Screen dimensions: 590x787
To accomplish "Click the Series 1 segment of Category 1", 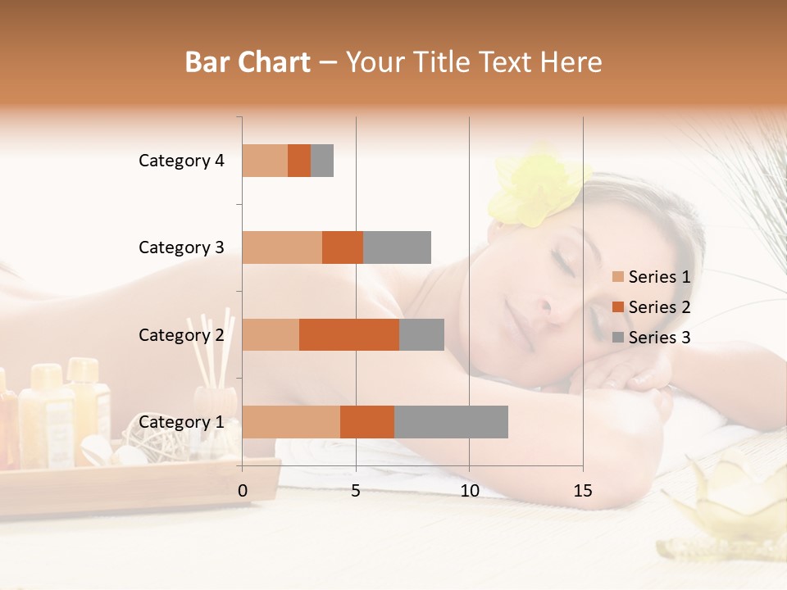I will coord(291,422).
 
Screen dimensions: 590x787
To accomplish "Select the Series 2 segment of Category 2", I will coord(349,334).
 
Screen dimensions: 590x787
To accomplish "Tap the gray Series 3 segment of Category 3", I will coord(397,247).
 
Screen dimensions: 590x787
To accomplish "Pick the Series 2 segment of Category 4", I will coord(299,161).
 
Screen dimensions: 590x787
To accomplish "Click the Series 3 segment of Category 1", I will coord(451,422).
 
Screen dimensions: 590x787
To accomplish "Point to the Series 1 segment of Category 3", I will coord(282,247).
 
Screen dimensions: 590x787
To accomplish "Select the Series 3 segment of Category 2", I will coord(421,334).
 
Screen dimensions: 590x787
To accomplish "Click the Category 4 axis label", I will coord(181,161).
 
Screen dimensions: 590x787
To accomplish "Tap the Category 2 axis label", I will coord(181,334).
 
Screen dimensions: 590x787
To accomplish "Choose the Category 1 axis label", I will coord(181,422).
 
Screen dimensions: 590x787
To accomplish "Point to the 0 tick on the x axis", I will coord(243,491).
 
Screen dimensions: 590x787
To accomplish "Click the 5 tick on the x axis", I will coord(356,491).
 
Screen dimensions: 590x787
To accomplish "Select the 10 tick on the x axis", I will coord(469,491).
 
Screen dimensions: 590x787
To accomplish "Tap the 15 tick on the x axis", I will coord(583,491).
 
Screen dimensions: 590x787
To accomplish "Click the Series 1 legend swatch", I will coord(618,277).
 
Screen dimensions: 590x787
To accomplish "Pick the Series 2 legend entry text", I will coord(659,307).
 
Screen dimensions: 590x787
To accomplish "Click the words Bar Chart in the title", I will coord(247,62).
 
